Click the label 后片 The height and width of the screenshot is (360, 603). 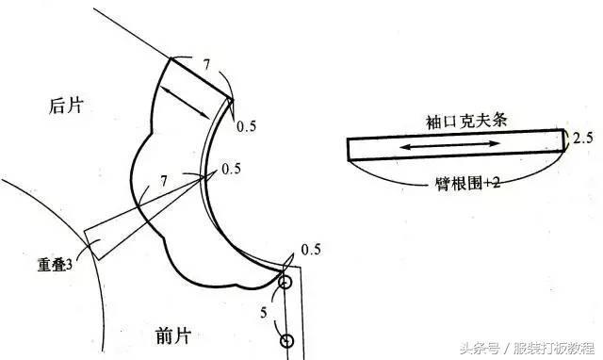point(66,105)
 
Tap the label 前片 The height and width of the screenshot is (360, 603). point(173,335)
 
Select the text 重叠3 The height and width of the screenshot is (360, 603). point(55,265)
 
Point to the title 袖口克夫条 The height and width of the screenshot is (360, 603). point(466,122)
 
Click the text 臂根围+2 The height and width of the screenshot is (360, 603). point(467,184)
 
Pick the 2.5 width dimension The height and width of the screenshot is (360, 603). point(583,138)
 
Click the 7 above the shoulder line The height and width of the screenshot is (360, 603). point(206,64)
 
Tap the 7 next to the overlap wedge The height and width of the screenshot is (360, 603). point(164,180)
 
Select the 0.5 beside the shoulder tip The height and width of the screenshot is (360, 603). point(246,126)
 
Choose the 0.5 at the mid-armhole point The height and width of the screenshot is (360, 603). point(231,169)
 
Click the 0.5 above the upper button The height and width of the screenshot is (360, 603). point(311,249)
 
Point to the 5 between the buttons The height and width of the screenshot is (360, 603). point(264,312)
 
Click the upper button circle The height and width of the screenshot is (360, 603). point(285,282)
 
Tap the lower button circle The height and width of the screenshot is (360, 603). point(286,340)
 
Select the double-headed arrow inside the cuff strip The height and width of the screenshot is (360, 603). point(450,145)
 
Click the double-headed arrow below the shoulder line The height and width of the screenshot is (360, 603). point(185,103)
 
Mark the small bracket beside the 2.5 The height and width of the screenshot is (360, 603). point(565,140)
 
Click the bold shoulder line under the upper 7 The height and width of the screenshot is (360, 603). point(202,79)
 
